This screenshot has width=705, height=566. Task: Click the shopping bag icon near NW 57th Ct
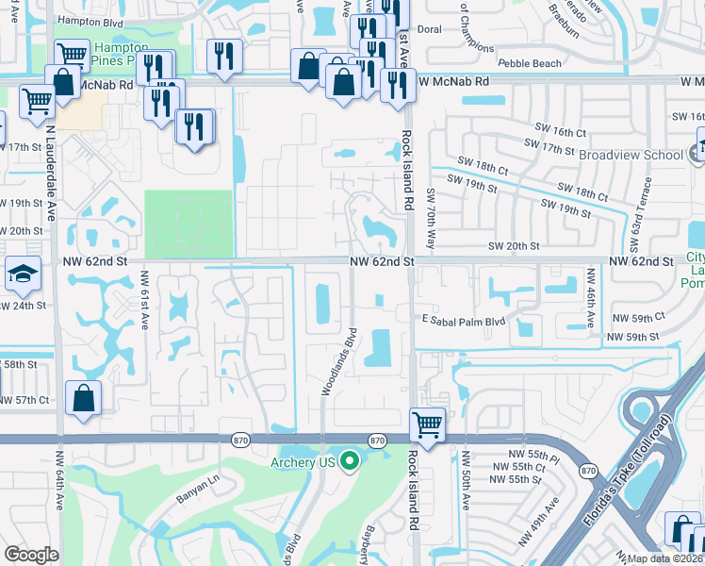click(x=84, y=398)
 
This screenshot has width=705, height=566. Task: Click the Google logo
click(x=31, y=554)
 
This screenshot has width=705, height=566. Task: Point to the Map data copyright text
click(x=665, y=558)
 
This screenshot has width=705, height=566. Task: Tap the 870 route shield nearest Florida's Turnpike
click(x=589, y=470)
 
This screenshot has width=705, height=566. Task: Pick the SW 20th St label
click(x=513, y=245)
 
